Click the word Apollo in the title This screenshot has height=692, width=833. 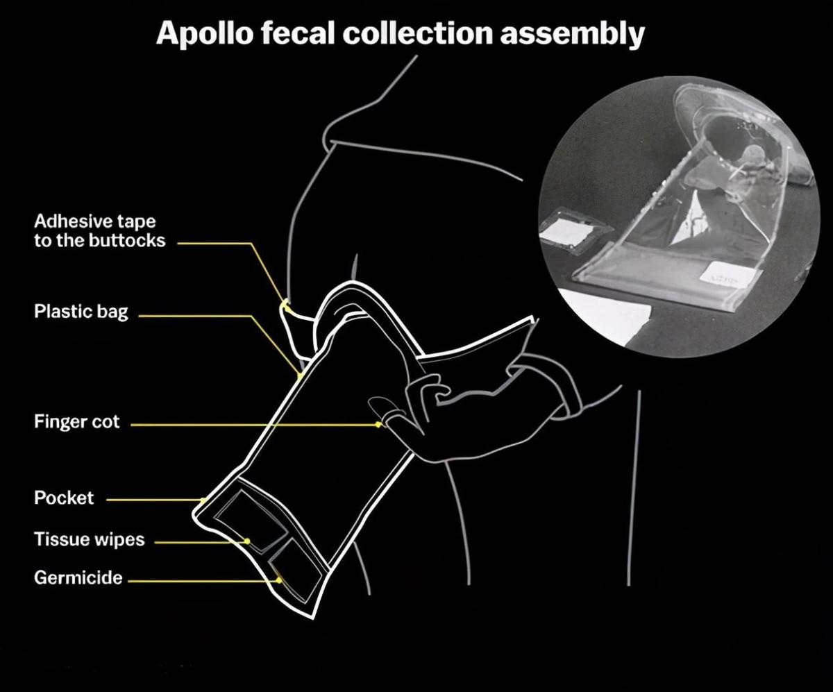coord(205,33)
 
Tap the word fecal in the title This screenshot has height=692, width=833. coord(298,33)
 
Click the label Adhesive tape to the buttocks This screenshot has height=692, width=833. coord(100,231)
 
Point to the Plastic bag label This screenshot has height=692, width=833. coord(81,312)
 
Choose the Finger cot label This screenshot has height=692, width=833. coord(76,421)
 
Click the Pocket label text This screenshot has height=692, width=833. coord(64,498)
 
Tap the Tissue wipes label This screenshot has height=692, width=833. coord(90,539)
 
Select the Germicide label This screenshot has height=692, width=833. coord(78,577)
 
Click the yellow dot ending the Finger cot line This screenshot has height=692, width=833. coord(378,425)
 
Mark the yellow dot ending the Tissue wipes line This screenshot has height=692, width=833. coord(247,541)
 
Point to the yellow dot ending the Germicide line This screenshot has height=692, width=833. coord(279,580)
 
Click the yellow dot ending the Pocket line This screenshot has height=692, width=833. coord(203,500)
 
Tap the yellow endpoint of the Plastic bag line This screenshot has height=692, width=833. coord(300,375)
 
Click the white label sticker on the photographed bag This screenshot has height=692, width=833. coord(728,276)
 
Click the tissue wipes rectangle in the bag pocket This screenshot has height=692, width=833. coord(251,520)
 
